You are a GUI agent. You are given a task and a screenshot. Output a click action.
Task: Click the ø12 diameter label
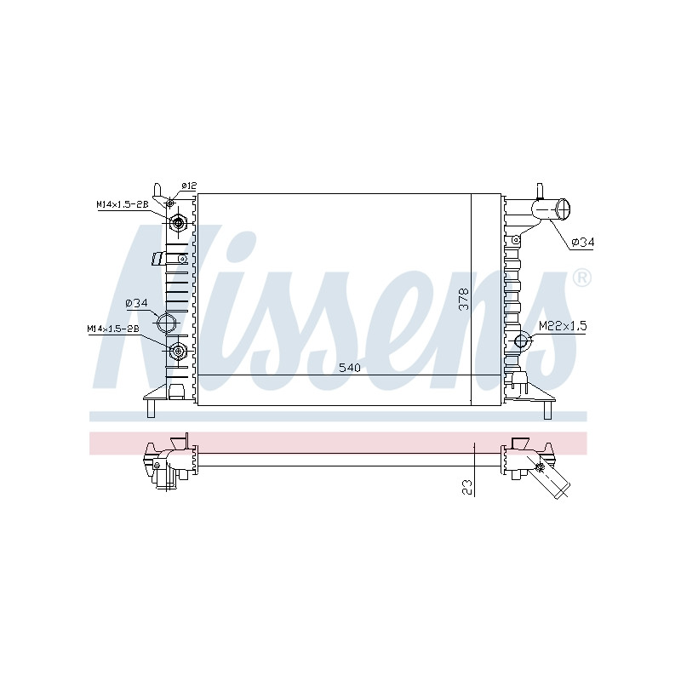[189, 186]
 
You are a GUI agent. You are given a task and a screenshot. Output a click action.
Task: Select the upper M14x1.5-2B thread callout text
[123, 204]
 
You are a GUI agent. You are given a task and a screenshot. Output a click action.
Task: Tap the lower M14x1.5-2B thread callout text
[113, 329]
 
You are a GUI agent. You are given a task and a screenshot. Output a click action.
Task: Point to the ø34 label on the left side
[136, 303]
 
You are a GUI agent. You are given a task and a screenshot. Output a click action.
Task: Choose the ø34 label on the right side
[582, 243]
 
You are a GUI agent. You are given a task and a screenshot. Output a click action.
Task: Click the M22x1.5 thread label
[563, 326]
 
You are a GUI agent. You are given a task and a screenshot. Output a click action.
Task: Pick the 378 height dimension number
[464, 299]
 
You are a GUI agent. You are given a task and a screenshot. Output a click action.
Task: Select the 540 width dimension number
[350, 368]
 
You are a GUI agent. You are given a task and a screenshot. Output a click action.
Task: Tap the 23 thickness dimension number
[466, 487]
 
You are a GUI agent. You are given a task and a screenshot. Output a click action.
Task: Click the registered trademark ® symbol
[581, 278]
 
